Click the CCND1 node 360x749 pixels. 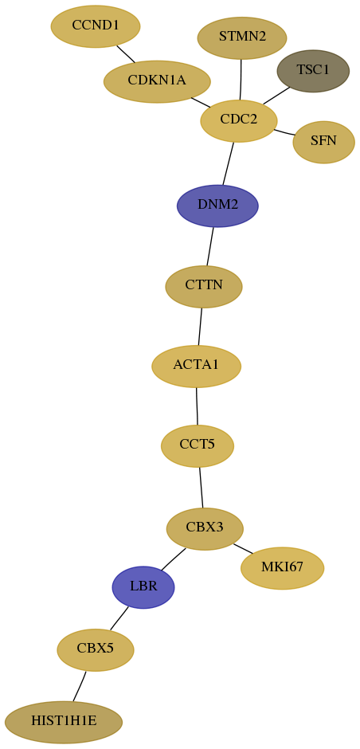coord(96,26)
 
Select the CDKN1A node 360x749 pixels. coord(157,81)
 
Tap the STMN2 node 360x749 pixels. coord(242,37)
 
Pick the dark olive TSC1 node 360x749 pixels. coord(313,71)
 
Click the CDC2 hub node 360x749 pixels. coord(239,121)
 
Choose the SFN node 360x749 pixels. coord(323,142)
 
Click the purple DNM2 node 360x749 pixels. coord(217,206)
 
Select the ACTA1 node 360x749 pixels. coord(196,366)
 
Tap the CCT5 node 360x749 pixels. coord(198,445)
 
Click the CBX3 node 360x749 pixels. coord(205,529)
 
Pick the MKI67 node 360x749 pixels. coord(282,568)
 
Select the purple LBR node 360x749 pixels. coord(143,587)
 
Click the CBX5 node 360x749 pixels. coord(96,649)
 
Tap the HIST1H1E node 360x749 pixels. coord(64,722)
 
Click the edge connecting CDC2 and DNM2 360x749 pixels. coord(229,163)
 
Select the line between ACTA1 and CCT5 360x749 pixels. coord(197,406)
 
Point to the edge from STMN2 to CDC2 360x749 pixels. coord(241,80)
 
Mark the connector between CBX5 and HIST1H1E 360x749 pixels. coord(80,686)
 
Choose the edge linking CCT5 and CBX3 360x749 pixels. coord(201,487)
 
